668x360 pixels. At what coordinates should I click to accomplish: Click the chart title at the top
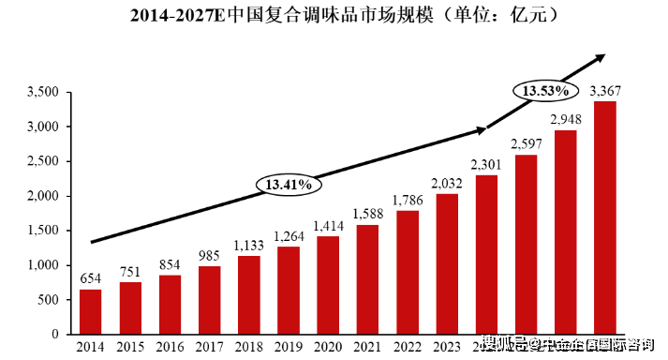[x=334, y=16]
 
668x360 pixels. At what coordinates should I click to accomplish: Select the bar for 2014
[x=90, y=311]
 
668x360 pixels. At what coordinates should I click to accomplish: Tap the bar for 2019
[x=287, y=291]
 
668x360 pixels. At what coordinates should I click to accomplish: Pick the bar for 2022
[x=407, y=272]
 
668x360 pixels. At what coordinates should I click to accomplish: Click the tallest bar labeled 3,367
[x=605, y=217]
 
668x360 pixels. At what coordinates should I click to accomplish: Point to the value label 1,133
[x=248, y=247]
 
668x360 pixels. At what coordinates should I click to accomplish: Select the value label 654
[x=90, y=279]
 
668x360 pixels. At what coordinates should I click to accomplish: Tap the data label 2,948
[x=565, y=120]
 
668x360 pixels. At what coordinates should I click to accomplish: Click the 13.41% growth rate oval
[x=289, y=184]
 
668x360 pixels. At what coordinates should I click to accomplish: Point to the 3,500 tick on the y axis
[x=44, y=92]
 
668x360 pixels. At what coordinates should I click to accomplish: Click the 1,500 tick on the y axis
[x=44, y=231]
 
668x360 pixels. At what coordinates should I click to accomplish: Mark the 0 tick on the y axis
[x=55, y=335]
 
